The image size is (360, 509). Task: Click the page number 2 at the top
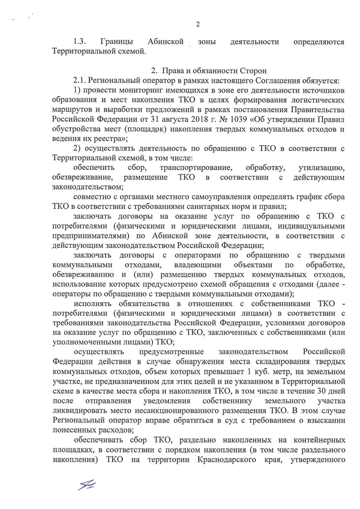tap(197, 24)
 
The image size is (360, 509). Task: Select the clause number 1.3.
tap(80, 42)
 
